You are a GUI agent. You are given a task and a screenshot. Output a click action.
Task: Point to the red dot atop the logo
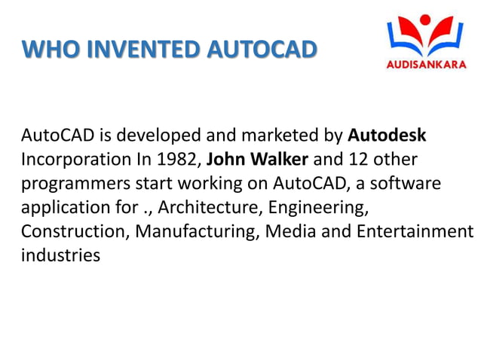(425, 19)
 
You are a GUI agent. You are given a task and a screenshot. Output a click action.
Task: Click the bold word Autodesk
(387, 136)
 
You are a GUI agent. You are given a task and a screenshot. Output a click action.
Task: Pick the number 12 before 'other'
(358, 160)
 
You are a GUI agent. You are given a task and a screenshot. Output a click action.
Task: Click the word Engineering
(325, 208)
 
